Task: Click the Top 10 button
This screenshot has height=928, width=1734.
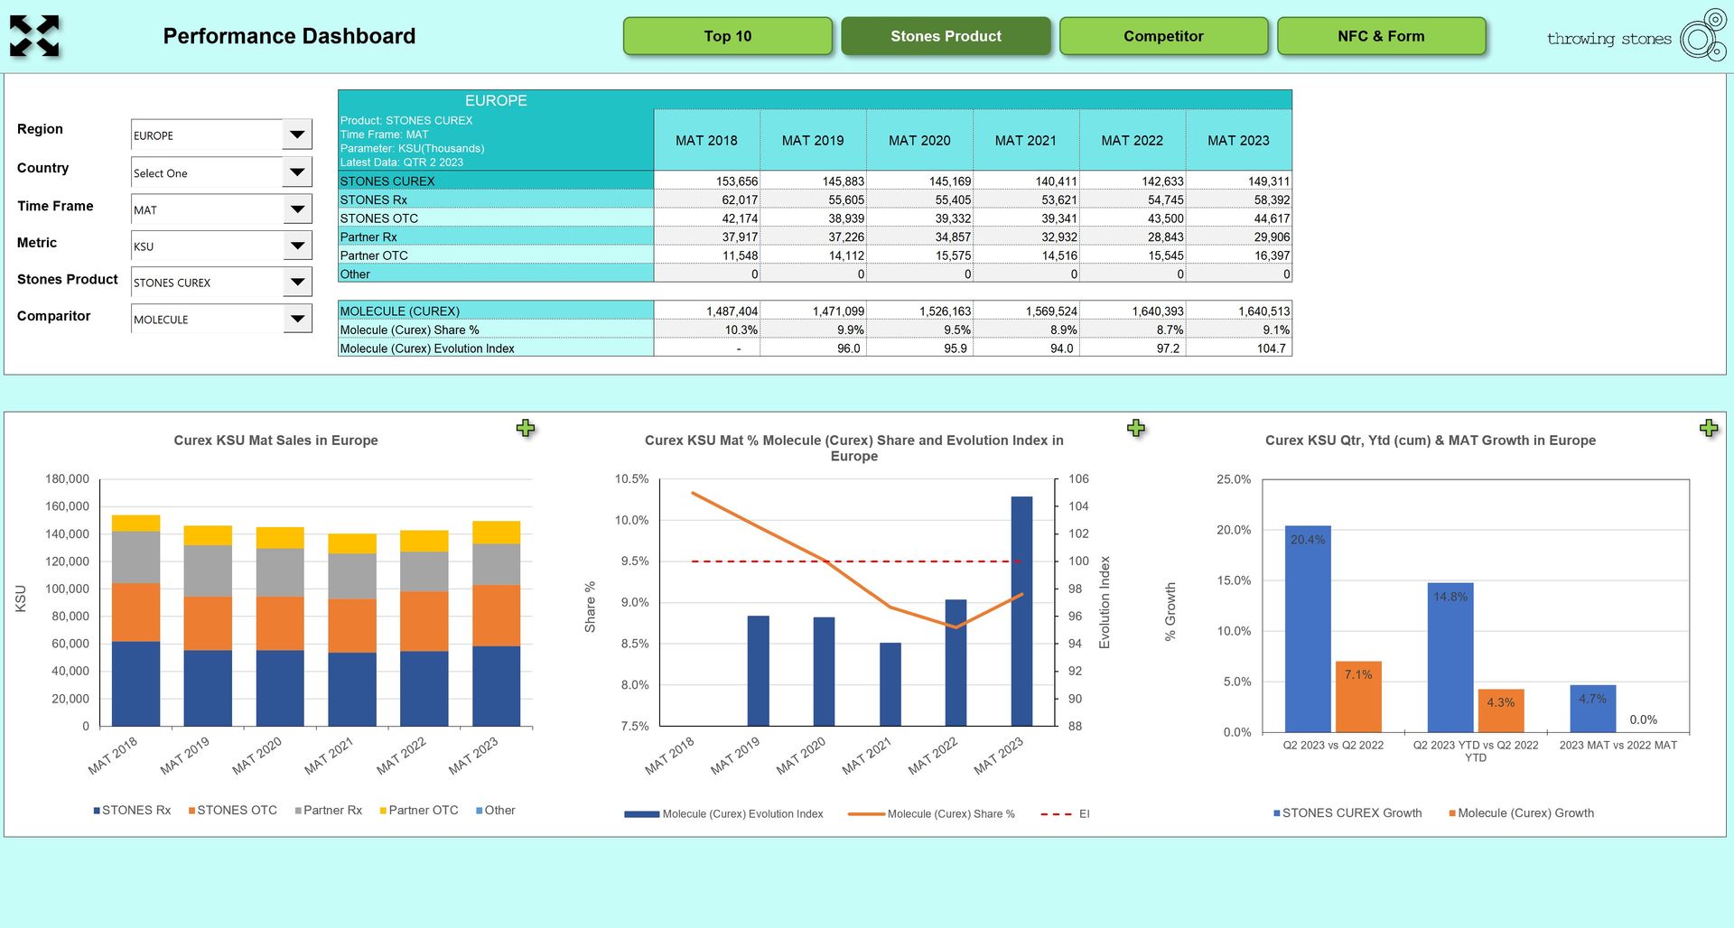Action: (x=727, y=36)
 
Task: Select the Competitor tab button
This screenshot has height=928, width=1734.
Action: (x=1163, y=36)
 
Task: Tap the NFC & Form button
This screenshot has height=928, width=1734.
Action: (x=1381, y=36)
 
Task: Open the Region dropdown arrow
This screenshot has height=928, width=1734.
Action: (x=297, y=135)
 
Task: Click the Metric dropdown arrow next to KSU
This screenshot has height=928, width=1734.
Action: (x=297, y=246)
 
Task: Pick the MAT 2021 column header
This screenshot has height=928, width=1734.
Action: (x=1025, y=141)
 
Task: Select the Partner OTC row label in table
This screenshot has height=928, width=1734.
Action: (x=374, y=255)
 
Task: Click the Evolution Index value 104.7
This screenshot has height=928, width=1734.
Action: (x=1271, y=348)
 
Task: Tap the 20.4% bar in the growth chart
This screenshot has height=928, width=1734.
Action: (x=1308, y=628)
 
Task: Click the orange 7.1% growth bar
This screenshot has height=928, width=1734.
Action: (x=1358, y=696)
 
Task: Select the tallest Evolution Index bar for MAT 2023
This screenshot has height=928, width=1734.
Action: (x=1021, y=611)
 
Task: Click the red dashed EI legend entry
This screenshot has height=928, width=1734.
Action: (x=1065, y=814)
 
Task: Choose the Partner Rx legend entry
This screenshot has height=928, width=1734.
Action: (x=328, y=811)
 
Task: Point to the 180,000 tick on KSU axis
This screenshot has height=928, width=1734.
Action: (x=68, y=479)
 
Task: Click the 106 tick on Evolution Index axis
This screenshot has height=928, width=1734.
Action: (x=1078, y=479)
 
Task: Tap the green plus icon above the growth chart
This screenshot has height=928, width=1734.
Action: (x=1708, y=428)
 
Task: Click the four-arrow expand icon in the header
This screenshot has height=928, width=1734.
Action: (x=34, y=36)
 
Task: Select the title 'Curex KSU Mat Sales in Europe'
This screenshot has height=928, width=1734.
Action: (x=275, y=441)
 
